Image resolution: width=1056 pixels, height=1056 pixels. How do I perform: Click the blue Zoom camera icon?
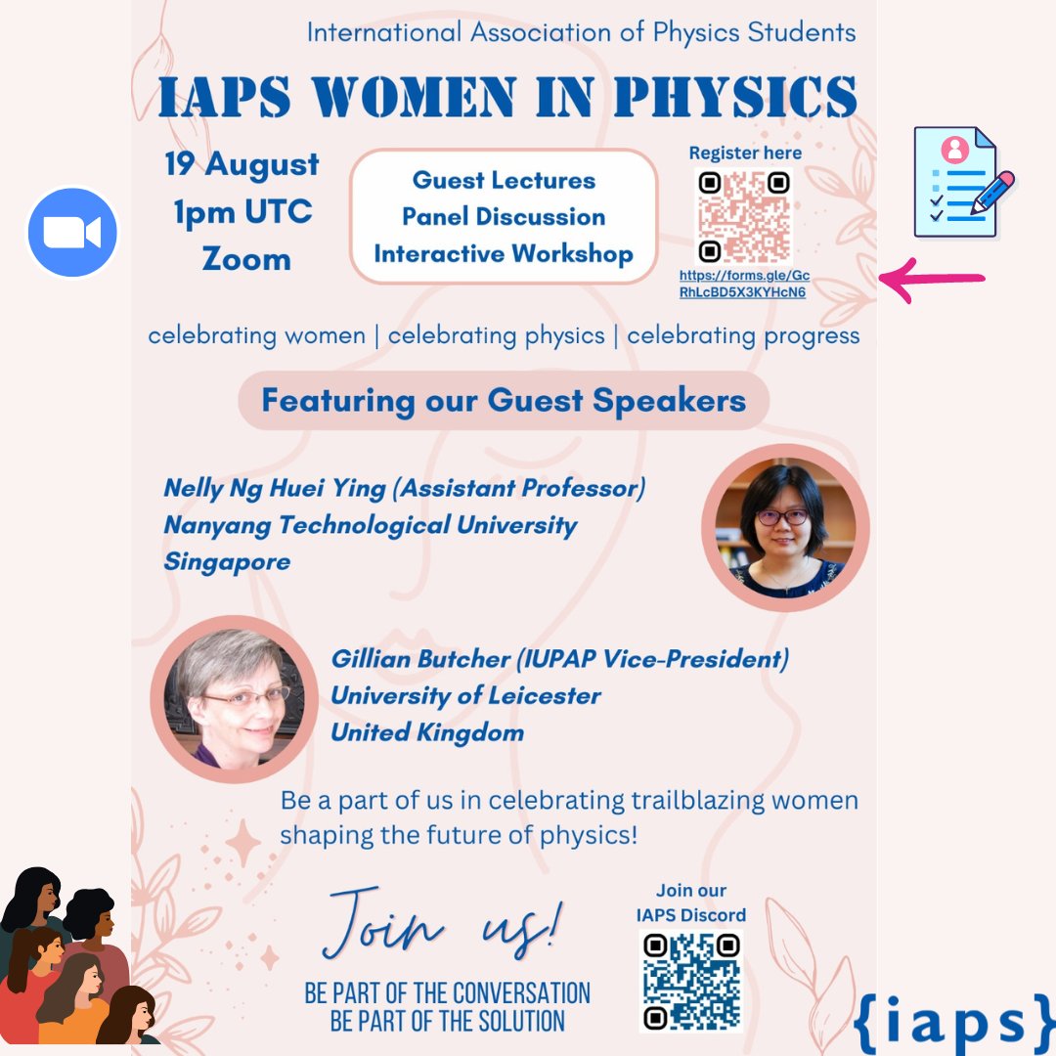click(72, 233)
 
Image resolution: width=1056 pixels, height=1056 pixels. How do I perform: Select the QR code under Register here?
click(744, 216)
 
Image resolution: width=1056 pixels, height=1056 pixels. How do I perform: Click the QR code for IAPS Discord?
click(691, 981)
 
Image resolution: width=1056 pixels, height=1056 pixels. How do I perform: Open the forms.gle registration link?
click(744, 285)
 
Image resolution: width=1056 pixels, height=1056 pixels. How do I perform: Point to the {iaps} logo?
click(952, 1021)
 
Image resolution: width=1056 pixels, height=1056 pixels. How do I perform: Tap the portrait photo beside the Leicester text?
click(235, 698)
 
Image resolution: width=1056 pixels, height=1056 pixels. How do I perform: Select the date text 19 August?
click(242, 164)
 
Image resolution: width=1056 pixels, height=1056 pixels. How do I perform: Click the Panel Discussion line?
click(504, 217)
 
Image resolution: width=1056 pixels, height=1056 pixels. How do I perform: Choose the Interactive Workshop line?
click(504, 254)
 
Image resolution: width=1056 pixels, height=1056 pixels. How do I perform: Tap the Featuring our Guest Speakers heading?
click(504, 401)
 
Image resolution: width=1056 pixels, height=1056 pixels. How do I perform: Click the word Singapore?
click(227, 562)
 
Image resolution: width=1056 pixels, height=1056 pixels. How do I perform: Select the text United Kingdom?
click(427, 733)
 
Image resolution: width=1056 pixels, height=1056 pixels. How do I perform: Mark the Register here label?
click(745, 153)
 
